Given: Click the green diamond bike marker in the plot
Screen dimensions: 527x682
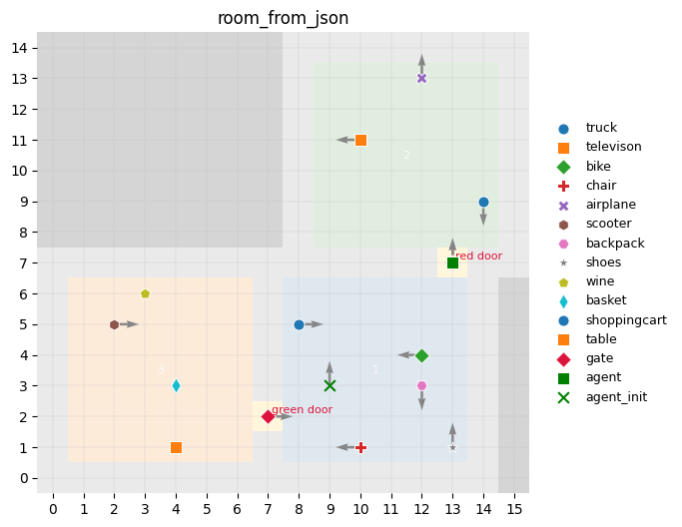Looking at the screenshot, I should pos(421,355).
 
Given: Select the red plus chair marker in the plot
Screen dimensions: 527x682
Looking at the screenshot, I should pos(360,447).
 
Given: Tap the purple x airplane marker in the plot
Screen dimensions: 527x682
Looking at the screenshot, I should pos(421,78).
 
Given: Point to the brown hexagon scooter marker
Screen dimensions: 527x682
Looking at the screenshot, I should pos(114,324).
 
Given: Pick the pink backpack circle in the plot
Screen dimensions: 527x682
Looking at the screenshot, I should pos(421,385).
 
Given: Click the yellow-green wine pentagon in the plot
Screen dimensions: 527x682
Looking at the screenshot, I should pos(145,293).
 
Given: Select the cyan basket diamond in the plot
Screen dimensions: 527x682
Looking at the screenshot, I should pos(176,385).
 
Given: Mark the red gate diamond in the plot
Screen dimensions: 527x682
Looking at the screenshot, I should pos(268,416).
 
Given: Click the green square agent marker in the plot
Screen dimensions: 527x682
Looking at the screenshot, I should pos(452,263).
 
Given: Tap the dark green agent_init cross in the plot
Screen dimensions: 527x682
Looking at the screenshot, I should pos(330,385).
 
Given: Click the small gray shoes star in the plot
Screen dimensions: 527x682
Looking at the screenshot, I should pos(452,447).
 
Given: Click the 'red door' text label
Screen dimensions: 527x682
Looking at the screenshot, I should pos(479,257).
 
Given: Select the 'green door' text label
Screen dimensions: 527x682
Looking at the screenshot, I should pos(302,409).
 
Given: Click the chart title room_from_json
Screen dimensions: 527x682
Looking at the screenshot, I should pos(283,18).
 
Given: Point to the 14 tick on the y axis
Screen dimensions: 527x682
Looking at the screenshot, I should pos(30,48).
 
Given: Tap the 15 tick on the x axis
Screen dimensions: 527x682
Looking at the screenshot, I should pos(514,510).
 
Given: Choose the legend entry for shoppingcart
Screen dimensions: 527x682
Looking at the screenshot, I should pos(625,320).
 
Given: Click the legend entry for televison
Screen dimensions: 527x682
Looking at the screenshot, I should pos(613,147).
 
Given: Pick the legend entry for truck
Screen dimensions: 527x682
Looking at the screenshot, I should pos(601,128).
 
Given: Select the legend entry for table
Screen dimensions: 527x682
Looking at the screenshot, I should pos(600,339).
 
